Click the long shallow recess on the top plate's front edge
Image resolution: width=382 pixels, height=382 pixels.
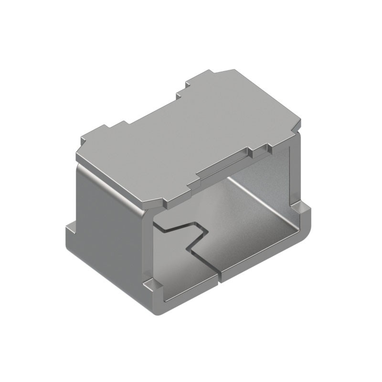pos(224,167)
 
